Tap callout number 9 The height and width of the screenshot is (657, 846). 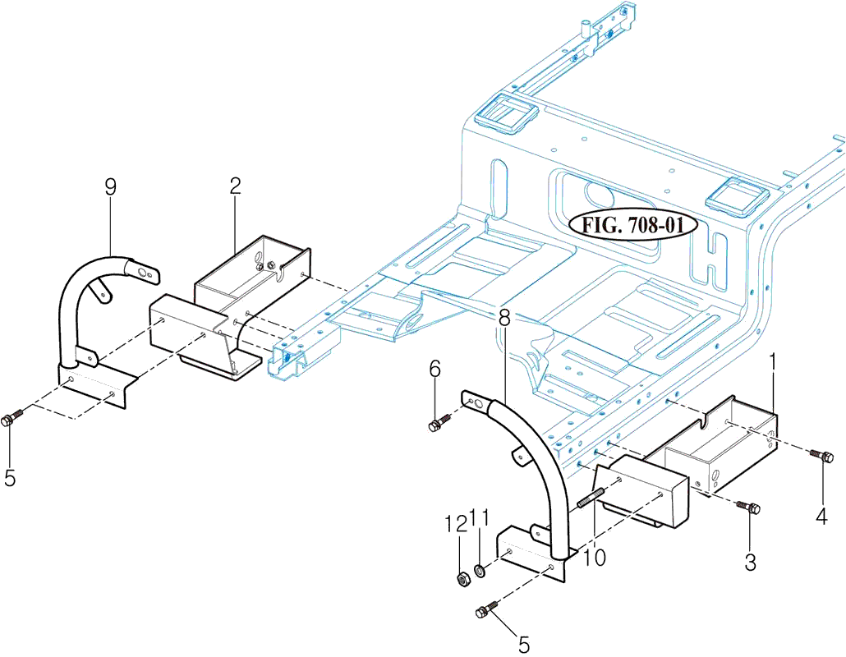click(x=110, y=187)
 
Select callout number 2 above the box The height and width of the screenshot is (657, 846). click(x=235, y=187)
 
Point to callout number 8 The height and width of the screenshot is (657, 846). click(x=503, y=315)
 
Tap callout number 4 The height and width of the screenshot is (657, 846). click(x=821, y=517)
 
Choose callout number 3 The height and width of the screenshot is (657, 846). click(x=750, y=563)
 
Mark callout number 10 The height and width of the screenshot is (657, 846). click(x=594, y=558)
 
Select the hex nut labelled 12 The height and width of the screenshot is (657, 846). click(x=462, y=578)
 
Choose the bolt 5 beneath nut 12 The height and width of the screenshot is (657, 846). click(x=486, y=609)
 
